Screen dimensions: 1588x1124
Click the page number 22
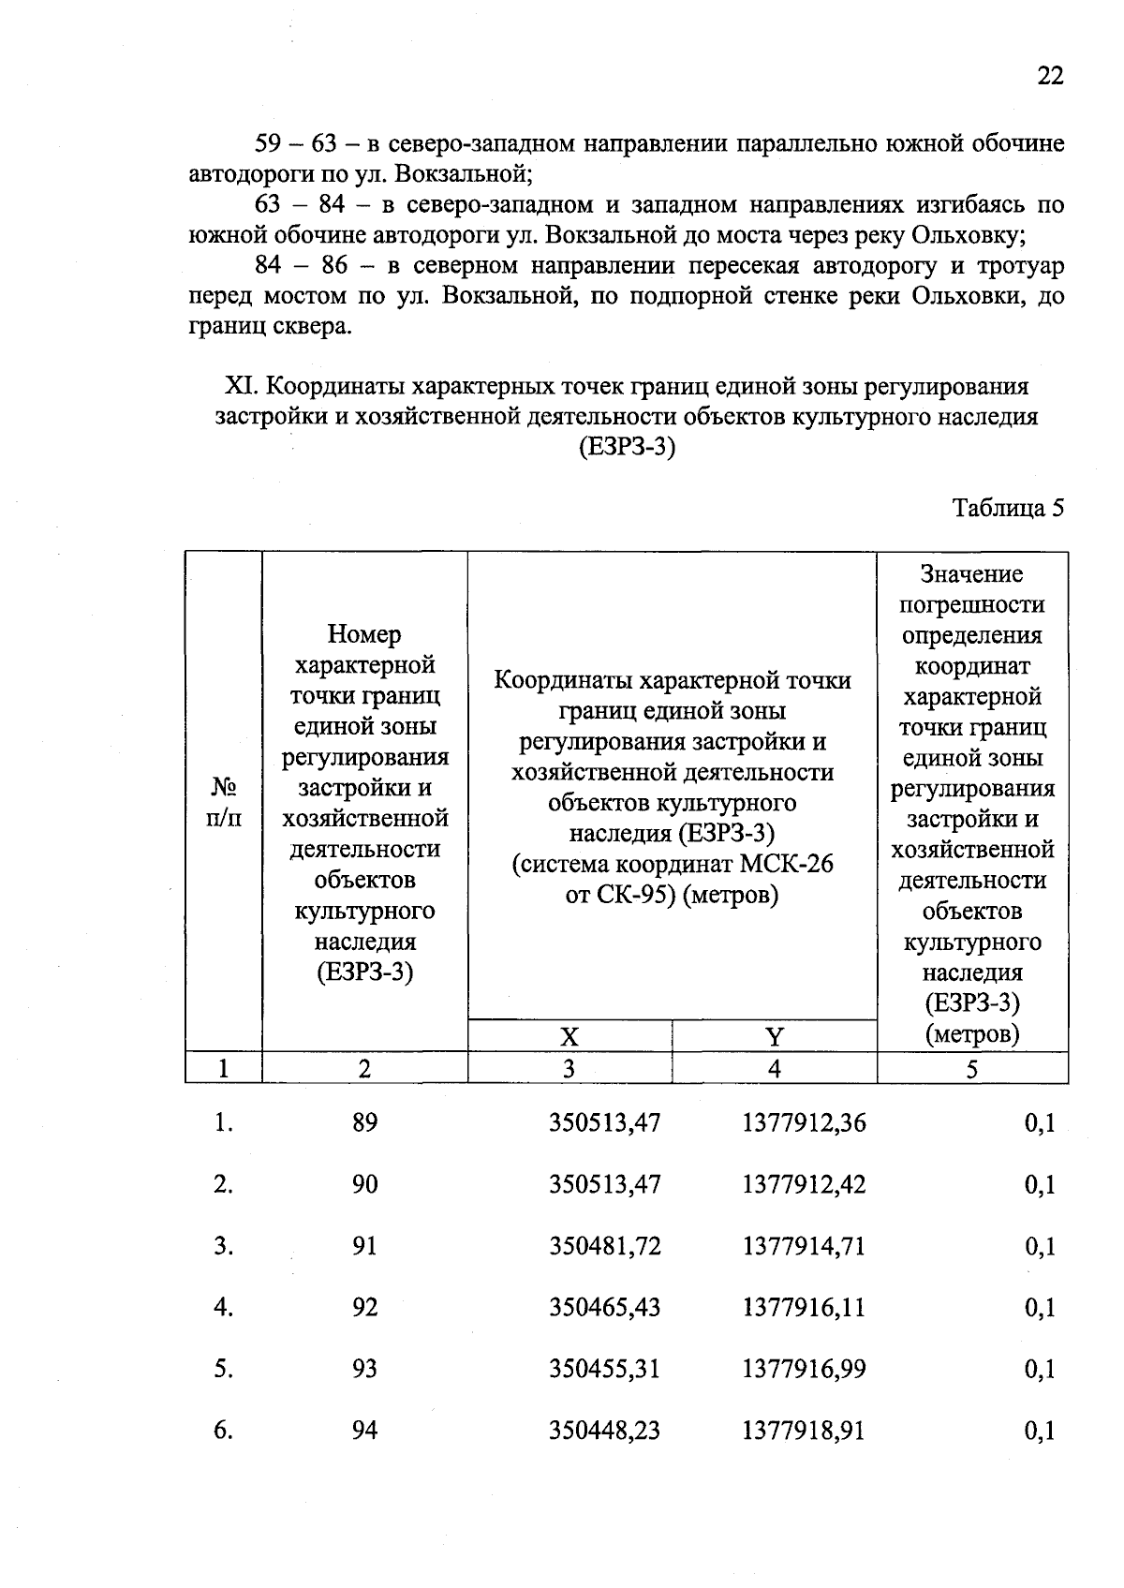(x=1050, y=76)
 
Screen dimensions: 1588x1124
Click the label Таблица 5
(x=1008, y=508)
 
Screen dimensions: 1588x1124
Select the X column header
(x=569, y=1036)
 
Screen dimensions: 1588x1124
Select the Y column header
(x=774, y=1036)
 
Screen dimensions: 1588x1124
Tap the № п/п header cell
(x=223, y=802)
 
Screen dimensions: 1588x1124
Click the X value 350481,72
(x=604, y=1246)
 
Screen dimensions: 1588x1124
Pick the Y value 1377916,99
(x=804, y=1369)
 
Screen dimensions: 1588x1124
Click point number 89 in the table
(x=364, y=1123)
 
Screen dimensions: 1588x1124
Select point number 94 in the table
(x=364, y=1431)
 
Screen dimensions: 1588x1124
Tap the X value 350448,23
(x=604, y=1431)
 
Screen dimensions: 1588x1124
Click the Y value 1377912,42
(x=804, y=1184)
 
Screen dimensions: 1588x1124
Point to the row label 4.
(x=222, y=1308)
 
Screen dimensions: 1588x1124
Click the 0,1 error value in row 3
(x=1040, y=1246)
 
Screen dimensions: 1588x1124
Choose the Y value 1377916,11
(x=804, y=1308)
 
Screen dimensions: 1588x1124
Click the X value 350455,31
(x=604, y=1369)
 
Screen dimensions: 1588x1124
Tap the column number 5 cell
(x=972, y=1069)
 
